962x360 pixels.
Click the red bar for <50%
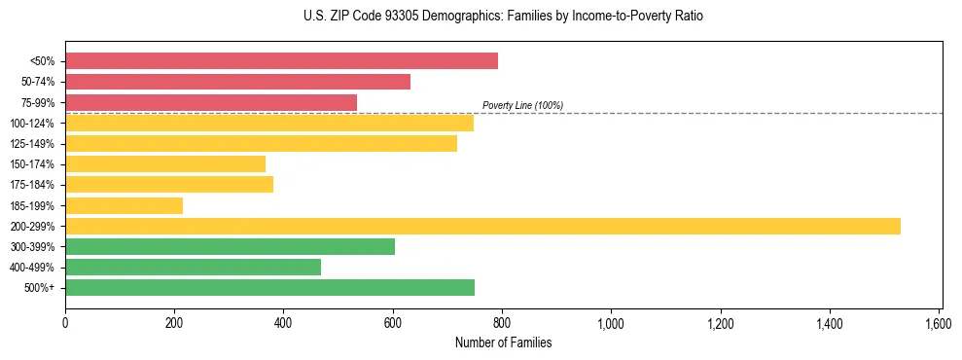click(281, 61)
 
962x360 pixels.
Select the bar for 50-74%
click(237, 82)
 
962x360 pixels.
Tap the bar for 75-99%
click(211, 102)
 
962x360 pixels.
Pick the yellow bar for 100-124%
click(269, 123)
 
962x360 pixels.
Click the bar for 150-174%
click(165, 163)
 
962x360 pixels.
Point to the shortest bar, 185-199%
click(124, 205)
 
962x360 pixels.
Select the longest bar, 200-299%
click(482, 226)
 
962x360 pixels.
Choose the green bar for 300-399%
click(230, 246)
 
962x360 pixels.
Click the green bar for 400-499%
click(193, 267)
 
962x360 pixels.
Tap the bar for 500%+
click(269, 287)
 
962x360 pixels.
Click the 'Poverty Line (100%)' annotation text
click(522, 105)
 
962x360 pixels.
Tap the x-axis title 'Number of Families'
click(503, 342)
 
